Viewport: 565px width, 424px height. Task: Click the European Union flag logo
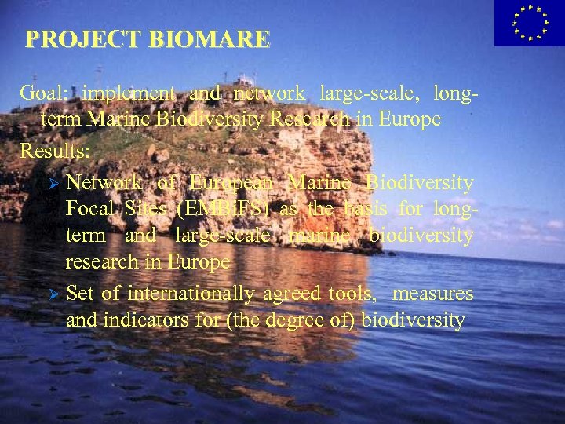pos(529,23)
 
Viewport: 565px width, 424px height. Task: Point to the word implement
pos(129,93)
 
